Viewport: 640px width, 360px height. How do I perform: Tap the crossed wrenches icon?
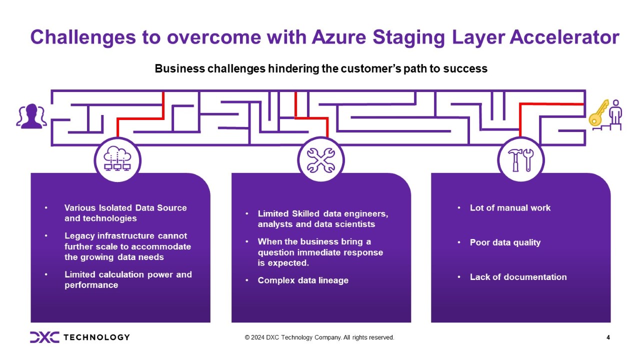point(320,160)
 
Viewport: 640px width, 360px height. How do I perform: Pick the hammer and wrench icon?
point(520,160)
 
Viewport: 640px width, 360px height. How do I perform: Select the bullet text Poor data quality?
point(505,242)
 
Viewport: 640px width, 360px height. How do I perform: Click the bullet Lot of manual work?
point(510,207)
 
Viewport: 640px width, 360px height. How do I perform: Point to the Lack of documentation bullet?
point(518,277)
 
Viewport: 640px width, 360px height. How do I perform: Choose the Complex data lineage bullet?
point(303,280)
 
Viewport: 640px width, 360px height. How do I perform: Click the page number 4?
point(608,337)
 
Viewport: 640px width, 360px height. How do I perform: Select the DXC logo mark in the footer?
point(44,337)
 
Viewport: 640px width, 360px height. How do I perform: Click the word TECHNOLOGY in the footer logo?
point(96,337)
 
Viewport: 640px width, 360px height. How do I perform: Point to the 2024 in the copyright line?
point(260,337)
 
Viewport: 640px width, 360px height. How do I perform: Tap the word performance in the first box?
point(91,285)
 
